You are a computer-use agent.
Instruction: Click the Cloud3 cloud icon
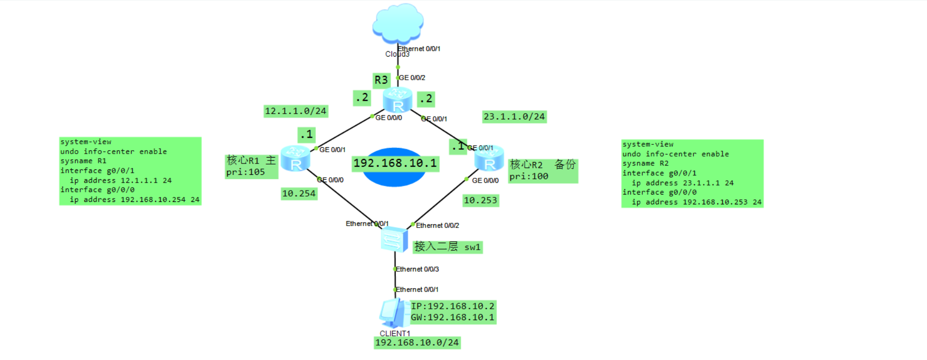pos(397,23)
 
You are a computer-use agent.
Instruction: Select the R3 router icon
pos(397,100)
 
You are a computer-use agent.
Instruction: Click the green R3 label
pos(381,80)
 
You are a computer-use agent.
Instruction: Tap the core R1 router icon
pos(296,159)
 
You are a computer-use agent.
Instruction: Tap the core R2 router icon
pos(489,159)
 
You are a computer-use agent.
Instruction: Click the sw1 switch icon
pos(394,239)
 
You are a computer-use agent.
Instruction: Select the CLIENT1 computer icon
pos(393,313)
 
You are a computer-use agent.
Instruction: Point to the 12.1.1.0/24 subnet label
pos(296,111)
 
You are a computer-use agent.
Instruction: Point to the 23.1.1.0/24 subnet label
pos(514,117)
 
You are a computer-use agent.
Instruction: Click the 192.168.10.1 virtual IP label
pos(395,164)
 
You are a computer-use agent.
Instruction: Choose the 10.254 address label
pos(298,194)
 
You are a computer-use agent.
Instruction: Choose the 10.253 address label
pos(480,200)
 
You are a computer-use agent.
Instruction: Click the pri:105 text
pos(245,172)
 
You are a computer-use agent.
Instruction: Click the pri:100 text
pos(529,177)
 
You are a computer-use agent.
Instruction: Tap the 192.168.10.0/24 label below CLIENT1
pos(417,343)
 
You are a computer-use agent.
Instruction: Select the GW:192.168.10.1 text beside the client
pos(452,318)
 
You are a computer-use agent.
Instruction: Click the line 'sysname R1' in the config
pos(83,161)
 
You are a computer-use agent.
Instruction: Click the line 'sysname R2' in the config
pos(645,164)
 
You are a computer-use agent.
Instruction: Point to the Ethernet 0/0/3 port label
pos(417,269)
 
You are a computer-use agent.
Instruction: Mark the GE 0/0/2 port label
pos(412,78)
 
